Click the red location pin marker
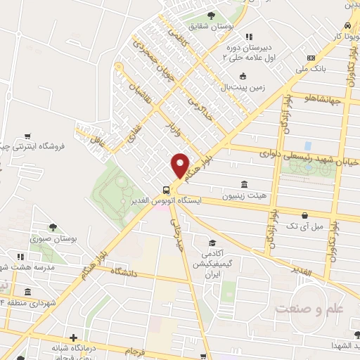pos(181,165)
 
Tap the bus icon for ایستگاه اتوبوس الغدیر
pos(166,189)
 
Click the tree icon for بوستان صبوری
pos(53,226)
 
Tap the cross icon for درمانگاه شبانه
pos(73,337)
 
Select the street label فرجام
pos(134,349)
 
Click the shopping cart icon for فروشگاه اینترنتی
pos(27,135)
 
